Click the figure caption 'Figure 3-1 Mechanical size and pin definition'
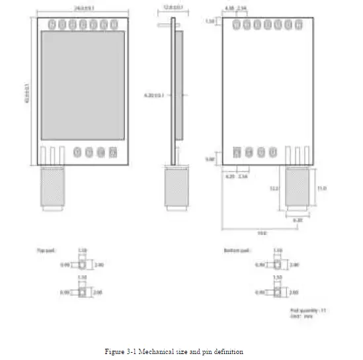pyautogui.click(x=174, y=351)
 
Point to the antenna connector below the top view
pyautogui.click(x=52, y=189)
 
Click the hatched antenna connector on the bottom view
pyautogui.click(x=297, y=189)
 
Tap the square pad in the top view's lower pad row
pyautogui.click(x=113, y=152)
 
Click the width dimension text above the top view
pyautogui.click(x=81, y=8)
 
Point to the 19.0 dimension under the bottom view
pyautogui.click(x=262, y=232)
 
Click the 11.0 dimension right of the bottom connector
pyautogui.click(x=322, y=189)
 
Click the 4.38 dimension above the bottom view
pyautogui.click(x=229, y=9)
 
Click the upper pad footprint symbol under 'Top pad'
pyautogui.click(x=82, y=265)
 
